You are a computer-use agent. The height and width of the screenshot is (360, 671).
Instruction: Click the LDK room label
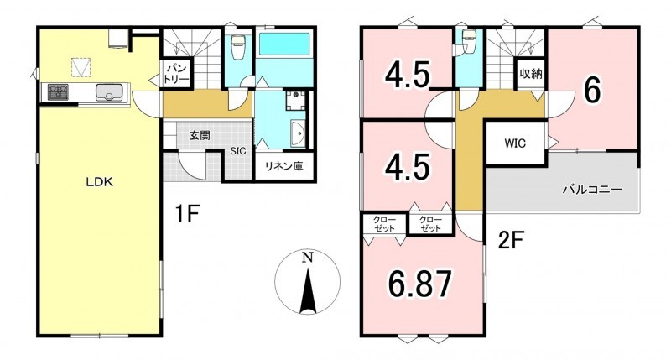[99, 182]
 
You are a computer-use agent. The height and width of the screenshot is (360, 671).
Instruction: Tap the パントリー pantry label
[176, 74]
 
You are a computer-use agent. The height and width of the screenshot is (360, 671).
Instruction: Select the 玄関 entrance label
[200, 136]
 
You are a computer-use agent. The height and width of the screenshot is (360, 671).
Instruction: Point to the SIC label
[238, 151]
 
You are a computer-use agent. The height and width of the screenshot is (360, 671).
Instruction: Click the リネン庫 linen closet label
[283, 166]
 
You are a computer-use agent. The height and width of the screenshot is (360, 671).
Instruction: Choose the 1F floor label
[187, 214]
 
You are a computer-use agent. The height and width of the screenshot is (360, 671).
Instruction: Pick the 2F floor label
[511, 240]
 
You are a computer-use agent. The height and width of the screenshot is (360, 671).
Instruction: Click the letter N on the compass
[307, 258]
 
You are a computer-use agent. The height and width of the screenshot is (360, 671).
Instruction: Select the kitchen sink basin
[109, 92]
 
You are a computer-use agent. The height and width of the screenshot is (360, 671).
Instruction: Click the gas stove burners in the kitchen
[58, 92]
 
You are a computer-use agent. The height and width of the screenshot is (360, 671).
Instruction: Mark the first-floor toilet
[237, 45]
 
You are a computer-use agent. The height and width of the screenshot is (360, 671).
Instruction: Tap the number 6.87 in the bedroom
[420, 284]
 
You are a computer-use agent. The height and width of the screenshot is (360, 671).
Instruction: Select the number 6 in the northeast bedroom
[592, 91]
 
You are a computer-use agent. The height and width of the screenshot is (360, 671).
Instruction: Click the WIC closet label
[514, 143]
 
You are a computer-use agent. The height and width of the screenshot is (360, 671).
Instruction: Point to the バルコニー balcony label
[592, 189]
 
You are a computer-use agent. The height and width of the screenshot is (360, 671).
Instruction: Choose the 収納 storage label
[531, 74]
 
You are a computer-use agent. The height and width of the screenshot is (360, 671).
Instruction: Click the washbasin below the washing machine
[298, 133]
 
